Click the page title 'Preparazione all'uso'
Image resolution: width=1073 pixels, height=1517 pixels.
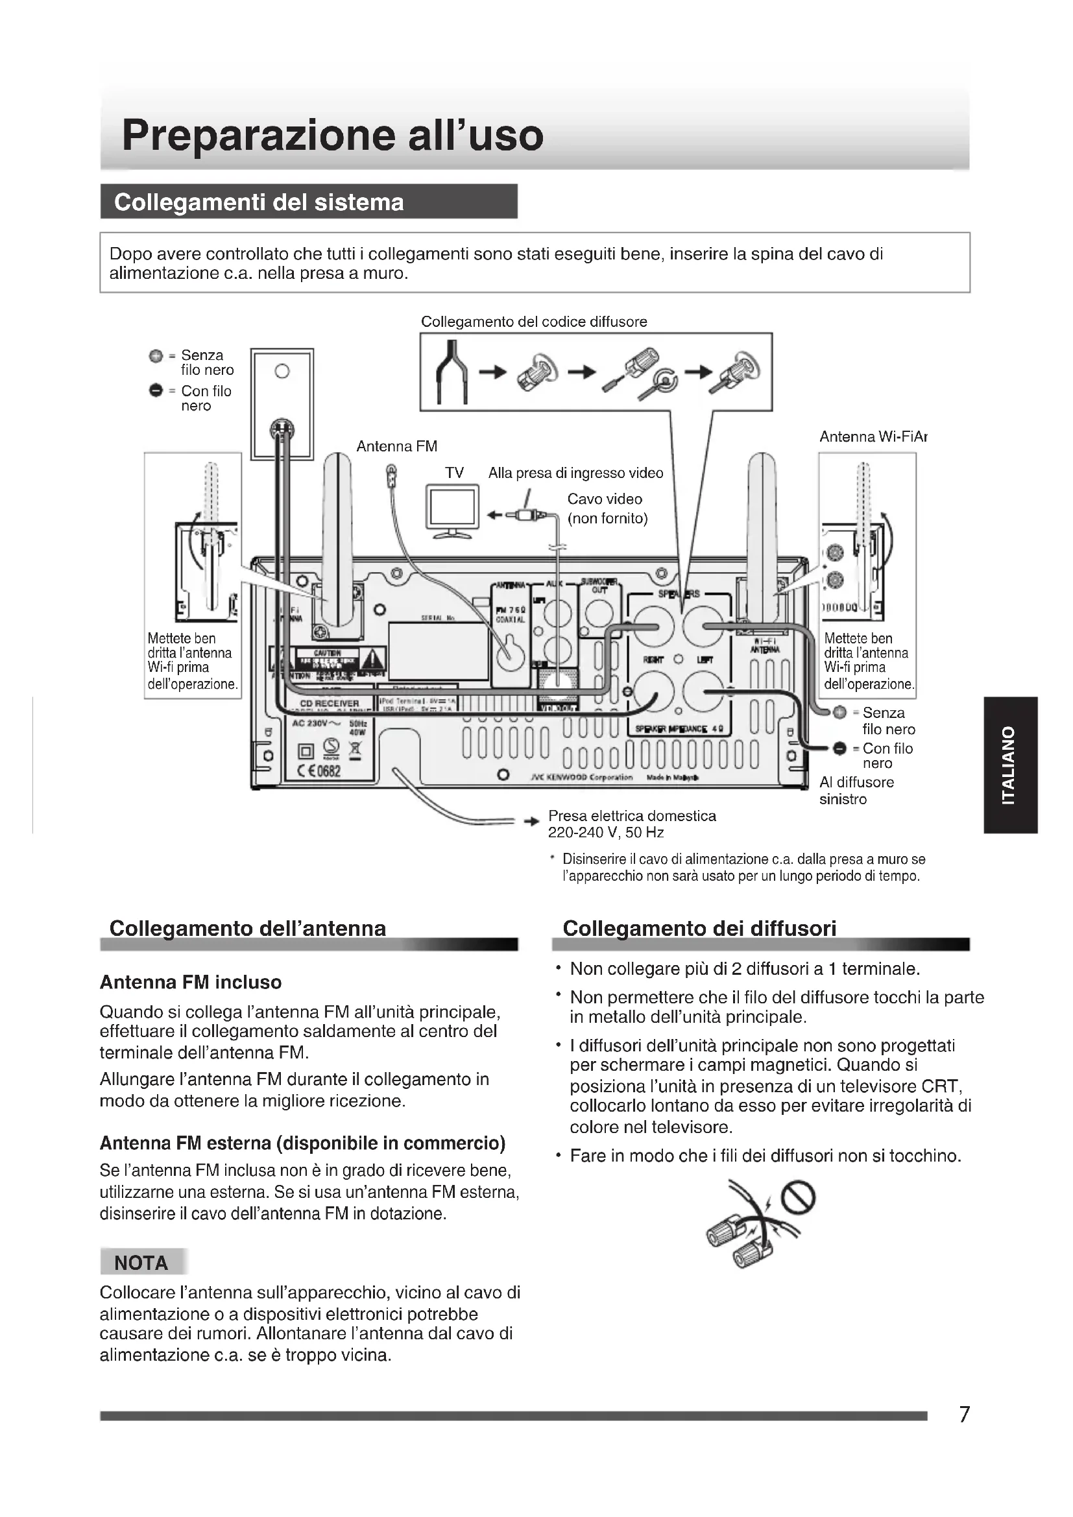[332, 135]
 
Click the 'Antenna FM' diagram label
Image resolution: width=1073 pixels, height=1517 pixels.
[396, 446]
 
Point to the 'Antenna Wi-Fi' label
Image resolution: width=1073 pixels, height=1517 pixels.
[872, 436]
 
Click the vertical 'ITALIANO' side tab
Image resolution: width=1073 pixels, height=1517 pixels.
[1009, 765]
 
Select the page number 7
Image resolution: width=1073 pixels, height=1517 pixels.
[964, 1414]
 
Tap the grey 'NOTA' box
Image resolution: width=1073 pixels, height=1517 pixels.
[141, 1263]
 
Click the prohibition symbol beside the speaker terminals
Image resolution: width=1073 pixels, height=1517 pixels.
[798, 1197]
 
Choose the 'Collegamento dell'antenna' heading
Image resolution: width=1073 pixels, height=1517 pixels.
[247, 928]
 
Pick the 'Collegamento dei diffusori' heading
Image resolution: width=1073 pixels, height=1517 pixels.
[699, 928]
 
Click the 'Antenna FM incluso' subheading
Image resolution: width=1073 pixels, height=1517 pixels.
[190, 983]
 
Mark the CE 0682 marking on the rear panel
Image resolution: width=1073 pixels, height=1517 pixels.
[320, 770]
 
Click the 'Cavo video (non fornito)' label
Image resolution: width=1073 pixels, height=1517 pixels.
[607, 508]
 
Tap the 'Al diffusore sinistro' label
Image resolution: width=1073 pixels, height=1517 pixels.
[856, 790]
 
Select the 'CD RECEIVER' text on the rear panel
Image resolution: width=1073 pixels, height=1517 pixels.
[329, 703]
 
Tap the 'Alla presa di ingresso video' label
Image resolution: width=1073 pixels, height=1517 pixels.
[575, 473]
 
